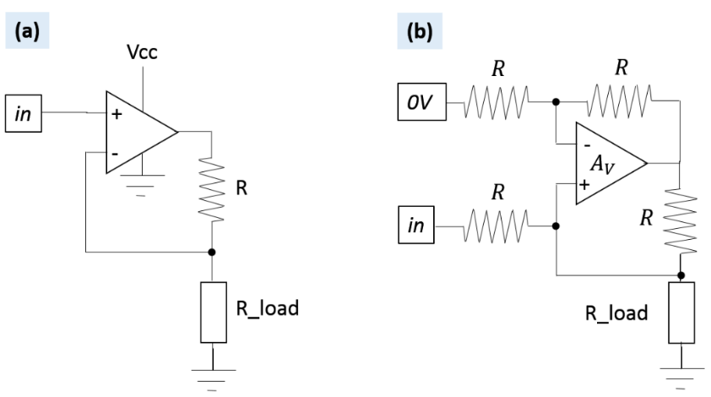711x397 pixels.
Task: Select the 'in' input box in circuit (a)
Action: (x=24, y=112)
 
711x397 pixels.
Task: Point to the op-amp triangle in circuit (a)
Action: (x=135, y=133)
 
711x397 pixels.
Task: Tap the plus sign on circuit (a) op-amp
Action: (x=115, y=113)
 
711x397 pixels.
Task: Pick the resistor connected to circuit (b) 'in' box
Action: (x=498, y=226)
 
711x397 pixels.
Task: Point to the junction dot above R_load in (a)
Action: (x=211, y=251)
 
